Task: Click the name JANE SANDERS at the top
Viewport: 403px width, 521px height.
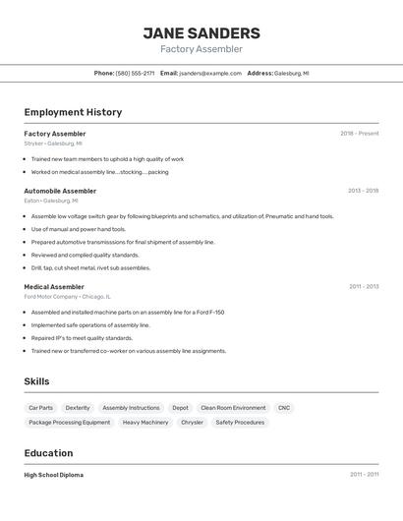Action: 201,32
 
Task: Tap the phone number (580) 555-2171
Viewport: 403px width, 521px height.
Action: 135,73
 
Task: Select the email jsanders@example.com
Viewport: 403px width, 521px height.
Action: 209,73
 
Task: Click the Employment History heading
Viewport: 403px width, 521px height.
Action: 73,112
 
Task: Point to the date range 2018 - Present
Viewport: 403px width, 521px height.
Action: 359,134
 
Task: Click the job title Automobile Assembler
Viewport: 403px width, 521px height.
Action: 60,191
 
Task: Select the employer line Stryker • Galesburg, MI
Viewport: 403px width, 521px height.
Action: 53,144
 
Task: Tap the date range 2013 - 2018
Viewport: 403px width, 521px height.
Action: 363,191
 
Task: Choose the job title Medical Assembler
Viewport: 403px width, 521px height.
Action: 54,287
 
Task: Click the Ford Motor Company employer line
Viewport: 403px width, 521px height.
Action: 67,296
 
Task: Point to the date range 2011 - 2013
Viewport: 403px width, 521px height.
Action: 363,287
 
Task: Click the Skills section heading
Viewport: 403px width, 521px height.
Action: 36,381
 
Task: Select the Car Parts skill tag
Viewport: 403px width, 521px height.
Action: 40,407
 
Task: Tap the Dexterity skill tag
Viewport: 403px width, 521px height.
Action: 78,407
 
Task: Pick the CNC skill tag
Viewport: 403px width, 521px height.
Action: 284,407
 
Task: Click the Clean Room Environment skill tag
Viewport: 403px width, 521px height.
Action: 233,407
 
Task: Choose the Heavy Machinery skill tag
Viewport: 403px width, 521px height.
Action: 145,422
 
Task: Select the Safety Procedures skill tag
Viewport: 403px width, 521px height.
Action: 240,422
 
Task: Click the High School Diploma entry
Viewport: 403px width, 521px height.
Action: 53,475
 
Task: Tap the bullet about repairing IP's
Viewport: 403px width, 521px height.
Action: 82,337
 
